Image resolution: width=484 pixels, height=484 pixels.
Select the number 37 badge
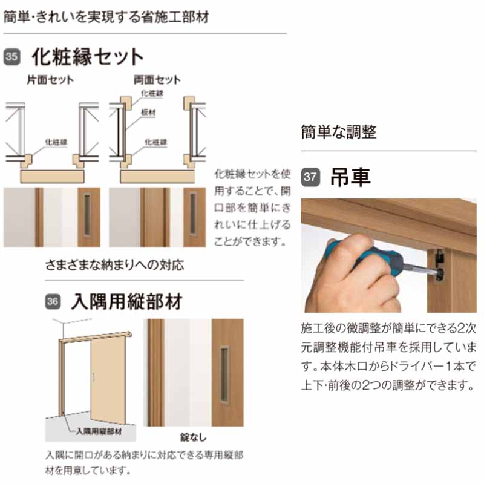(310, 177)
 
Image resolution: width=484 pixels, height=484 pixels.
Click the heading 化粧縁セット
(88, 57)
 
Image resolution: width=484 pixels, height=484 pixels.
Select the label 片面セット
(50, 80)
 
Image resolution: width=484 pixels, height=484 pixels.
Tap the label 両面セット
(157, 80)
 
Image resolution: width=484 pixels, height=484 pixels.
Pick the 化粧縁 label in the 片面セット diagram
(55, 142)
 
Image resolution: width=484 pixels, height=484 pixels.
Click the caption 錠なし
(193, 435)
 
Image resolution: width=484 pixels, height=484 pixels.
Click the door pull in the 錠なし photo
(225, 375)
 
